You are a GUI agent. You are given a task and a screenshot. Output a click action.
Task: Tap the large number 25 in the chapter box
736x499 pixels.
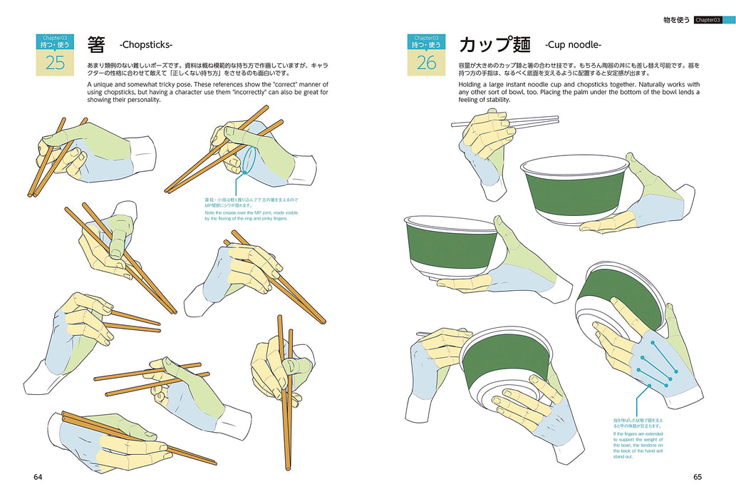(55, 63)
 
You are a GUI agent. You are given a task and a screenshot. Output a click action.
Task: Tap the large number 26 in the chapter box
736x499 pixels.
(426, 63)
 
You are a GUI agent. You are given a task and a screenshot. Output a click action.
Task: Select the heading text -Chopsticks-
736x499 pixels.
(146, 45)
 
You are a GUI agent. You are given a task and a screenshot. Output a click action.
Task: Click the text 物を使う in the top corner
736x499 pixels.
(676, 20)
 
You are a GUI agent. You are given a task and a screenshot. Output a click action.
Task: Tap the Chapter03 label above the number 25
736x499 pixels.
(55, 37)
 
